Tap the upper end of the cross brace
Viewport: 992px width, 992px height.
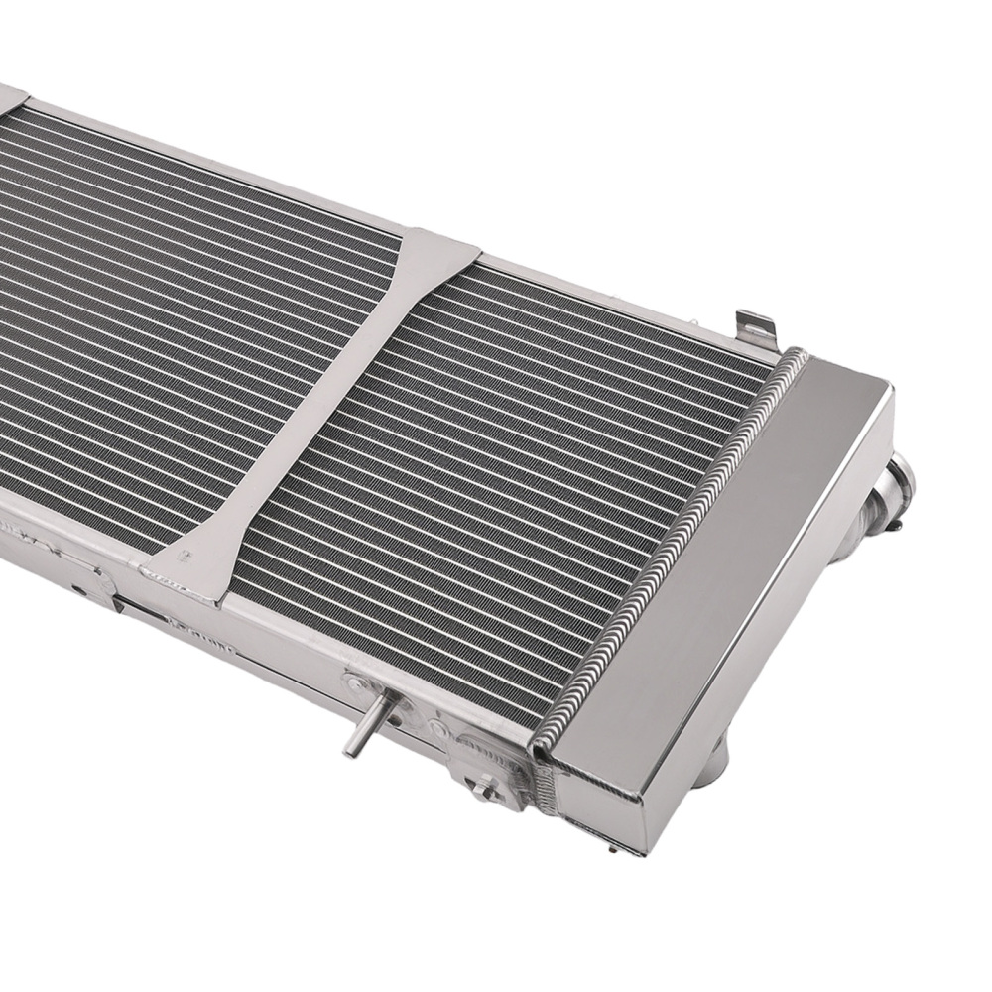click(x=436, y=253)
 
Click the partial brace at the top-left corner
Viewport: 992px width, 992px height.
click(x=10, y=96)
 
